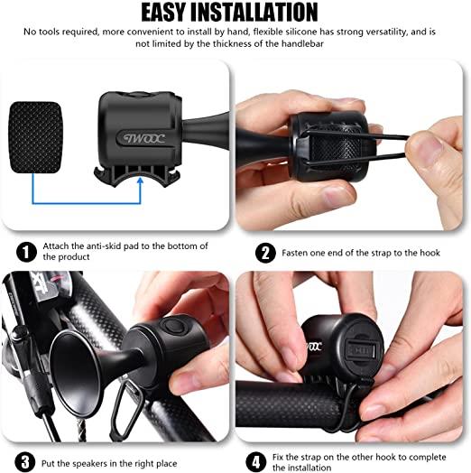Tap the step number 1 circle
pyautogui.click(x=26, y=252)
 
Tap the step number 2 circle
pyautogui.click(x=265, y=253)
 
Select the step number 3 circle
pyautogui.click(x=25, y=462)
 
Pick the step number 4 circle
pyautogui.click(x=256, y=461)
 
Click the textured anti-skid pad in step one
pyautogui.click(x=35, y=137)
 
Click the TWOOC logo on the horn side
pyautogui.click(x=144, y=139)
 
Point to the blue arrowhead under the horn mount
pyautogui.click(x=140, y=181)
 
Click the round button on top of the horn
pyautogui.click(x=171, y=326)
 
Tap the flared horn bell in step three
pyautogui.click(x=74, y=373)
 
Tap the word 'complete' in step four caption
pyautogui.click(x=427, y=458)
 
